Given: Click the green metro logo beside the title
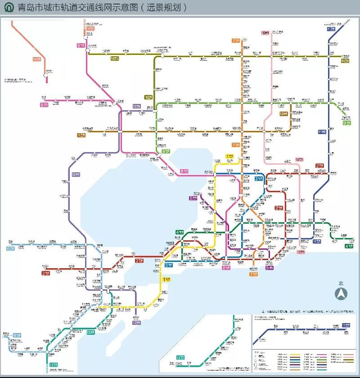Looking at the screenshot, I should (x=9, y=8).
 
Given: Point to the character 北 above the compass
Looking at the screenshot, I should (x=341, y=283).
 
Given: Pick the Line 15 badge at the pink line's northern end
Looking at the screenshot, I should (x=265, y=32).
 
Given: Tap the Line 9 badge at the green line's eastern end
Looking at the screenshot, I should (x=347, y=122).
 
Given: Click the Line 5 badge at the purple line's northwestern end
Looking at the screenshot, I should (x=193, y=198).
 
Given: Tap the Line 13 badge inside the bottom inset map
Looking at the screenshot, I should (x=180, y=358).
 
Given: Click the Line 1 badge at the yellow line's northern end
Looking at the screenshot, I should (x=230, y=156).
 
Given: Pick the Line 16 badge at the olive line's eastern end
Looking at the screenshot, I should (x=345, y=60).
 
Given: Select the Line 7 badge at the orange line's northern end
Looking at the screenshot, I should (x=235, y=40).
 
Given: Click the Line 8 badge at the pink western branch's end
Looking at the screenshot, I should (x=44, y=104).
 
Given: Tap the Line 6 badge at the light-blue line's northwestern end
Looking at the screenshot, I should (x=10, y=248).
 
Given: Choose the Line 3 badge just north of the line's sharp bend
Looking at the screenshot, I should (x=259, y=179).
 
